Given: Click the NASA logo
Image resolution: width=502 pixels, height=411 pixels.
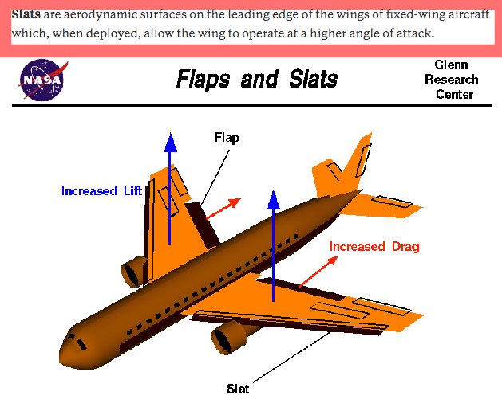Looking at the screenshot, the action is tap(43, 79).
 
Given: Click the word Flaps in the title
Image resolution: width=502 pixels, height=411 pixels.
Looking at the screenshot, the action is tap(204, 80).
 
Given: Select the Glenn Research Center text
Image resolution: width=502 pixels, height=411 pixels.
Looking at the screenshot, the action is tap(453, 80).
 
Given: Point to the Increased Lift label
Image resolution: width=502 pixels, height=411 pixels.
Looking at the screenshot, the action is tap(101, 191).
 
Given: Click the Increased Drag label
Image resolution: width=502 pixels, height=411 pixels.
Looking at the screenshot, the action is tap(374, 246).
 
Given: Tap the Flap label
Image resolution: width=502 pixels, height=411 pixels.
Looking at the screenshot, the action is tap(227, 138).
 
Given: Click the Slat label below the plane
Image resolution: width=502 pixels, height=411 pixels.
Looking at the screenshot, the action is tap(238, 389).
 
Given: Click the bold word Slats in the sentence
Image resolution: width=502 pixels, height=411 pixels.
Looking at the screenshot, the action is tap(26, 15).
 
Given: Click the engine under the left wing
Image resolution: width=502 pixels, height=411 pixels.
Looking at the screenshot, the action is tap(132, 272).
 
